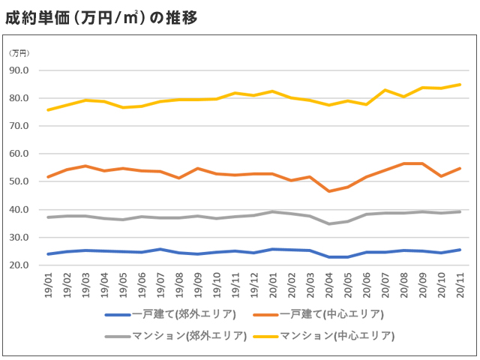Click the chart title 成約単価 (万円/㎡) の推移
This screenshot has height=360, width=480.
click(101, 17)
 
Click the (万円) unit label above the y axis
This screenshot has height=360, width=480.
click(19, 53)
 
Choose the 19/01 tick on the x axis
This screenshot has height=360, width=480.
click(49, 285)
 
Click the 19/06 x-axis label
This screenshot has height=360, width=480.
click(141, 285)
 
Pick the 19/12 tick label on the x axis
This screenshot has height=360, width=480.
click(253, 285)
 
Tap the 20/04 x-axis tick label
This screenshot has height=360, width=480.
click(328, 285)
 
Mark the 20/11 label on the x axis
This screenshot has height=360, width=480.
click(460, 285)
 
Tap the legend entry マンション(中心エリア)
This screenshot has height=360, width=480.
click(336, 335)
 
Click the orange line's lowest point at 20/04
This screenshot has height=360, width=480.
click(328, 191)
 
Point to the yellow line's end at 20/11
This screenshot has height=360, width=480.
click(460, 85)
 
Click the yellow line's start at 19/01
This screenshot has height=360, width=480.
click(49, 109)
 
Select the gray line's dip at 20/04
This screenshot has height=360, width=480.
click(328, 223)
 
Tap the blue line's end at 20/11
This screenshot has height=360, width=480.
click(460, 250)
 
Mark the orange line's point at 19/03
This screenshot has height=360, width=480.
click(85, 166)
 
